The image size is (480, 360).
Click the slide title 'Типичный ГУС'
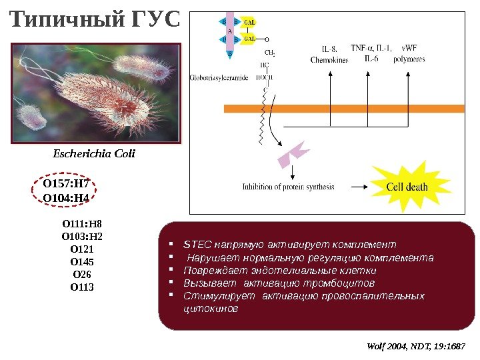tap(96, 21)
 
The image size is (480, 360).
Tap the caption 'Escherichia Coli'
tap(94, 153)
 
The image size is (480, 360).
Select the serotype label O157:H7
tap(66, 184)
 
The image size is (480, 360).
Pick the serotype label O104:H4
tap(66, 198)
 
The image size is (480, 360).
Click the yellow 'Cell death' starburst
tap(407, 187)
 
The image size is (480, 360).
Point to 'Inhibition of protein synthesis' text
tap(288, 187)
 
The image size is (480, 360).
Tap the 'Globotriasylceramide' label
tap(219, 78)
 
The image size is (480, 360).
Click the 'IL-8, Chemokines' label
tap(329, 54)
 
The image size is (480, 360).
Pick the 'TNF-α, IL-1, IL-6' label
tap(371, 53)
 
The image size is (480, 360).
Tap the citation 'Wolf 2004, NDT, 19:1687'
tap(416, 347)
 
